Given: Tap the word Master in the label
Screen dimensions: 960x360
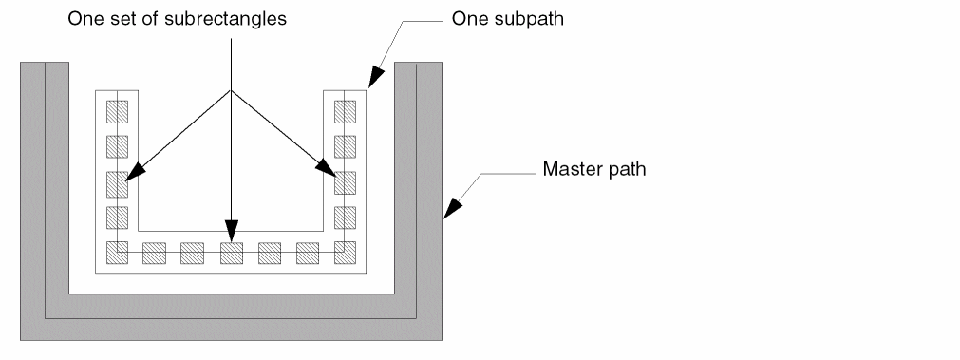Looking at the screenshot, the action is [570, 168].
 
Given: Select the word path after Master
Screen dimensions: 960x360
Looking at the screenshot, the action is [624, 168].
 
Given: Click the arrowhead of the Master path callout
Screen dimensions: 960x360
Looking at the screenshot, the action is [452, 208].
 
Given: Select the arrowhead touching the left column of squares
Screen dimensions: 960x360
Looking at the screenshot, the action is [135, 172].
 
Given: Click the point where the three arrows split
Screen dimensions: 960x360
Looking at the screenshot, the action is [231, 90].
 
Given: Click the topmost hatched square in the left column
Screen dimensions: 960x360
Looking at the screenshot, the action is [117, 111].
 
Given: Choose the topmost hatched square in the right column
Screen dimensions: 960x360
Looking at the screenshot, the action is [345, 111].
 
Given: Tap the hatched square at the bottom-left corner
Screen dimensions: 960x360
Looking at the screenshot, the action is [117, 253].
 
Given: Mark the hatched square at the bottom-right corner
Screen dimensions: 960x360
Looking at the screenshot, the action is [345, 253].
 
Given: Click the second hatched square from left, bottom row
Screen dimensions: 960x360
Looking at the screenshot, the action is [154, 254].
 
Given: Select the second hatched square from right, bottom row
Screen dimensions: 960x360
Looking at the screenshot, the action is [308, 254].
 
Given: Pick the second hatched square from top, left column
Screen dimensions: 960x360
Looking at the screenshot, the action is [117, 146].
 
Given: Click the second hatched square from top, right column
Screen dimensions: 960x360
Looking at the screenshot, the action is [345, 146].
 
